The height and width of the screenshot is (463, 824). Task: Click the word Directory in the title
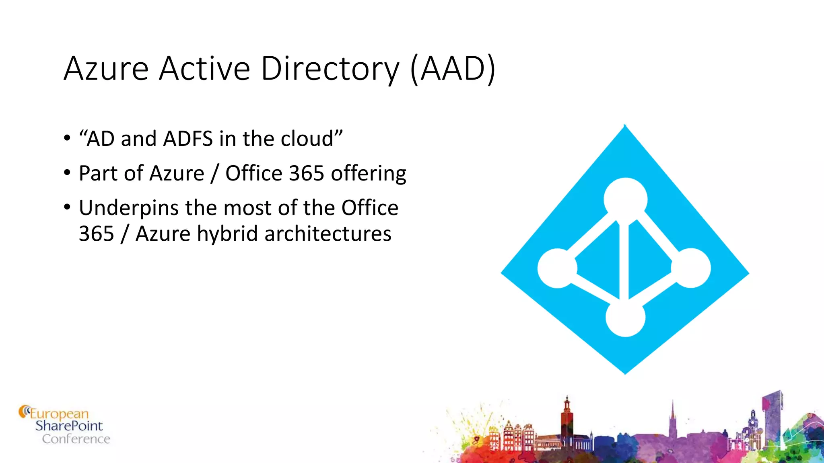point(330,69)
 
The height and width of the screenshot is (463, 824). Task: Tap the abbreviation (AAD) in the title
point(453,69)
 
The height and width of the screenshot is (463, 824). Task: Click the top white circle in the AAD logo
point(625,199)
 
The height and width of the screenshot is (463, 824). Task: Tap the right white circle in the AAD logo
point(690,268)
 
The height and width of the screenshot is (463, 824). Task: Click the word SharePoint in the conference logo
point(69,426)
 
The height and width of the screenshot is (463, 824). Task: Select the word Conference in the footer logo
point(76,439)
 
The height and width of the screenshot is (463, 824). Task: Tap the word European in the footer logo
point(59,414)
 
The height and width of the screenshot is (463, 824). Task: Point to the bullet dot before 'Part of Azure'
point(67,173)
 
